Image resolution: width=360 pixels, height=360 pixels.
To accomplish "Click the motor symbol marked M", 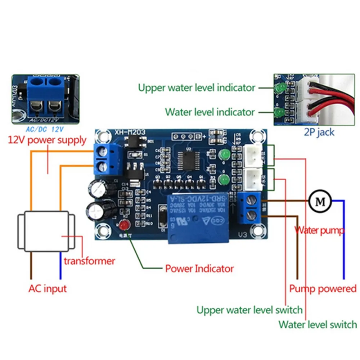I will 320,201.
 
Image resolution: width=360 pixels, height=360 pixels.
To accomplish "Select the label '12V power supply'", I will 47,140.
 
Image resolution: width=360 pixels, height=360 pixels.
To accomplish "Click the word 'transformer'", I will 89,261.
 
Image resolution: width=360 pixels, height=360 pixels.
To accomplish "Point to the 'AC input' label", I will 48,288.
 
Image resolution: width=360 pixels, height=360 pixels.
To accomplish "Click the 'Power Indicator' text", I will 199,269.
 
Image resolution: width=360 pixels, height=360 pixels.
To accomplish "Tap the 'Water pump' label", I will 319,230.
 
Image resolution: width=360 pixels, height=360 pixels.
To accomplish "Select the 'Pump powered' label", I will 323,289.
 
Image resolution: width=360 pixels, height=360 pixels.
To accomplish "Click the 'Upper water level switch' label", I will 249,310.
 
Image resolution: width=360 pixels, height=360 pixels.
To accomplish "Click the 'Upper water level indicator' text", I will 197,87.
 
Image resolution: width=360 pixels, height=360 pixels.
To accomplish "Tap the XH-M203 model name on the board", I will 131,132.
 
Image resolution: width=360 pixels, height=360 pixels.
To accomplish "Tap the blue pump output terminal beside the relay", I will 249,207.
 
